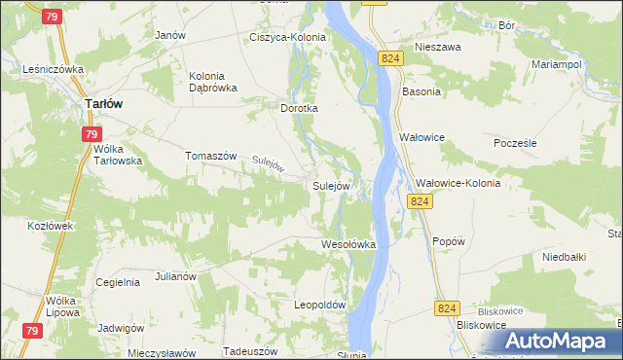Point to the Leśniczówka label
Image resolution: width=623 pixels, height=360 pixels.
(x=55, y=70)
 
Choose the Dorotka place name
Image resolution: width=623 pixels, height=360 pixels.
(x=300, y=109)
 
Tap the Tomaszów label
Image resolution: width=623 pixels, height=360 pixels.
(x=211, y=156)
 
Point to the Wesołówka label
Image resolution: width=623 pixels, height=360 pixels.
(x=348, y=244)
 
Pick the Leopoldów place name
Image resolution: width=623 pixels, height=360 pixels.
(x=320, y=305)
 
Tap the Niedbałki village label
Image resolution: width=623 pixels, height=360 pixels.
(x=563, y=258)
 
